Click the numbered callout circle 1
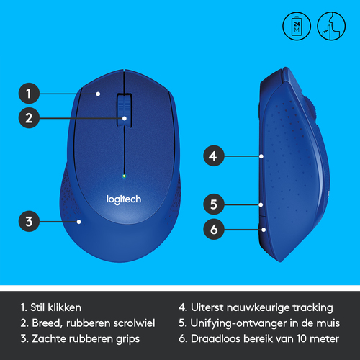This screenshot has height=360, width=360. point(29,94)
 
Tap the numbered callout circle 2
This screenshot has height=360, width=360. point(29,118)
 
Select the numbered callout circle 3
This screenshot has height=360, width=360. point(29,221)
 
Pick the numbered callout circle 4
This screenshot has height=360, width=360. point(214,156)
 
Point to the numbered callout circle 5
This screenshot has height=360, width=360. point(214,204)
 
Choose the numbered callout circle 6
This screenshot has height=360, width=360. point(214,229)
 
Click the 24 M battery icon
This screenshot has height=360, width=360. point(297,26)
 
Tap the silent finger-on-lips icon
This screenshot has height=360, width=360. point(331,26)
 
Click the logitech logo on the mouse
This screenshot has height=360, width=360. point(124,199)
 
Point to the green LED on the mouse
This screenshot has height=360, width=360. point(124,176)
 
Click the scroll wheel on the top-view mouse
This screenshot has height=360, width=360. point(125,110)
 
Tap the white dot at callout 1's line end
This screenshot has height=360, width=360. point(98,94)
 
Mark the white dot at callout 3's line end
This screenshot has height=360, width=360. point(78,222)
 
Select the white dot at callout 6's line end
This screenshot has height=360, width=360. point(264,230)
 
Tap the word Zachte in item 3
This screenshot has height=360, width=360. point(47,338)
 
